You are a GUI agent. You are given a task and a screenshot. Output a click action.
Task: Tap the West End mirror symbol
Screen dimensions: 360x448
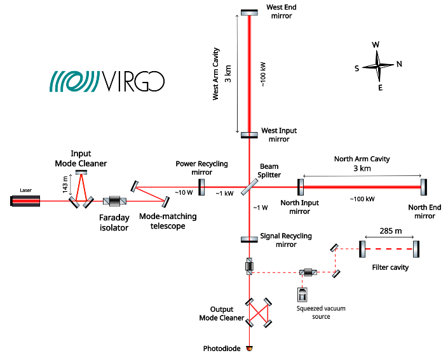pyautogui.click(x=249, y=12)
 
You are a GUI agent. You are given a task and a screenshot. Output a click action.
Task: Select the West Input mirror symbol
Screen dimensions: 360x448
pyautogui.click(x=249, y=135)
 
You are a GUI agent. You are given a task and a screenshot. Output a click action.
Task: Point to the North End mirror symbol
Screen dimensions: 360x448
pyautogui.click(x=424, y=187)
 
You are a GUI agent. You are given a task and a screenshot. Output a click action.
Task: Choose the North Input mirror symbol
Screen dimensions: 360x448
pyautogui.click(x=300, y=187)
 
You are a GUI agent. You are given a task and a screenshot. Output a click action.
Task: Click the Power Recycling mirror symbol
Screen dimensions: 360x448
pyautogui.click(x=201, y=187)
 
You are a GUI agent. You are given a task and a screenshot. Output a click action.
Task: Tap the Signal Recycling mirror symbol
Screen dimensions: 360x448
pyautogui.click(x=249, y=239)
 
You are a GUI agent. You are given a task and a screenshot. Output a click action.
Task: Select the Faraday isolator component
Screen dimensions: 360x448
pyautogui.click(x=115, y=201)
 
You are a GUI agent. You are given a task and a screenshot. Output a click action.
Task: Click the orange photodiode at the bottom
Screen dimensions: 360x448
pyautogui.click(x=249, y=348)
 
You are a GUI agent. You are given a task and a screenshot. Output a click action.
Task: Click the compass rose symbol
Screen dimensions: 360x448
pyautogui.click(x=378, y=65)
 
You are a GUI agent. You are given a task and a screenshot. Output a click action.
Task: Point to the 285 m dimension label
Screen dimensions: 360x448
pyautogui.click(x=390, y=231)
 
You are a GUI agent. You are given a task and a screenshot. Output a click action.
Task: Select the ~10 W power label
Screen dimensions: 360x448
pyautogui.click(x=184, y=192)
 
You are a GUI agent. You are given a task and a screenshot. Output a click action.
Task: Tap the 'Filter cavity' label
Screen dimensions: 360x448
pyautogui.click(x=390, y=267)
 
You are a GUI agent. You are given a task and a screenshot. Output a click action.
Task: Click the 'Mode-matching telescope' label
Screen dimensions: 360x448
pyautogui.click(x=168, y=221)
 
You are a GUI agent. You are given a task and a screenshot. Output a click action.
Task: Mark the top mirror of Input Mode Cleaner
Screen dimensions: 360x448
pyautogui.click(x=81, y=173)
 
